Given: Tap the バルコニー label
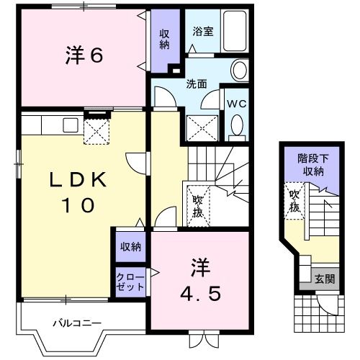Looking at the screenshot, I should point(76,323).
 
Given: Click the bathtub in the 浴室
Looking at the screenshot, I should point(233,31).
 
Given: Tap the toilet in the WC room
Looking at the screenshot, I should point(235,127).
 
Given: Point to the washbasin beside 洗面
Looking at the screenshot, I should point(239,70).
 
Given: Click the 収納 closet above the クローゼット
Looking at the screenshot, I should point(130,247).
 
